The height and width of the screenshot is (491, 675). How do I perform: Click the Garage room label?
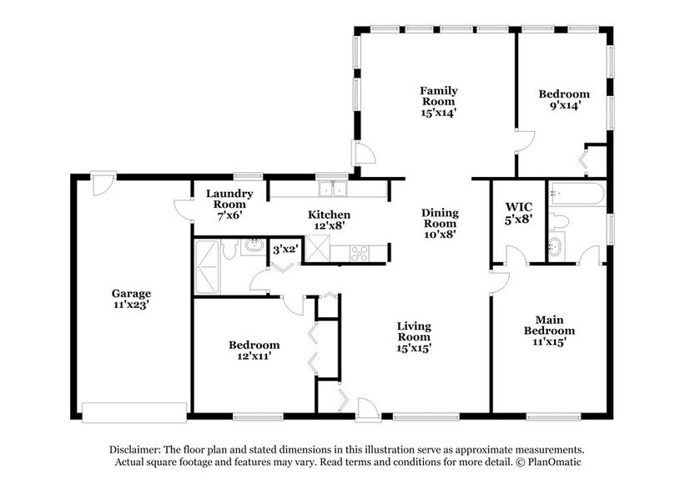pos(132,299)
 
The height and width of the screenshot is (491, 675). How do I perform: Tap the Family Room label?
pos(438,100)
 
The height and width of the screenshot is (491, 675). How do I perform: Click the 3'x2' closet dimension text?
pos(285,249)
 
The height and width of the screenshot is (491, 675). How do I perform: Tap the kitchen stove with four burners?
pos(360,251)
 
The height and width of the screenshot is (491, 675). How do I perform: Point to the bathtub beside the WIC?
pos(578,195)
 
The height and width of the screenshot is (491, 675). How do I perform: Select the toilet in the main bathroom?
pos(558,221)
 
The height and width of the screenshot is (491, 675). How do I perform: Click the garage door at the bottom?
pos(133,413)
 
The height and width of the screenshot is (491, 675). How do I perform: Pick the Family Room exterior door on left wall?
pos(364,153)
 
